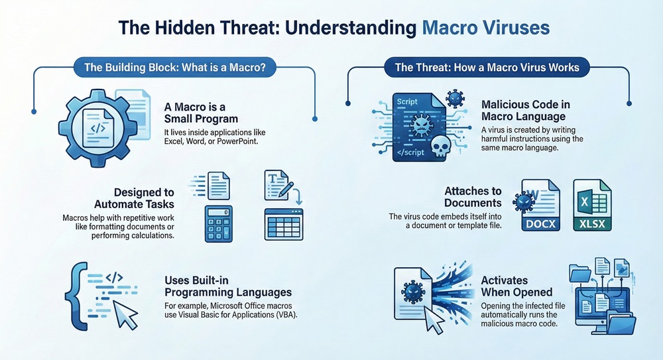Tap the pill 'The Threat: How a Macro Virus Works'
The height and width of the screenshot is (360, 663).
(x=487, y=67)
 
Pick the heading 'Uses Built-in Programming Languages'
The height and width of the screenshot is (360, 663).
(x=227, y=286)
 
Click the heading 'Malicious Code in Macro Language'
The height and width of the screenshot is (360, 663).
(x=526, y=111)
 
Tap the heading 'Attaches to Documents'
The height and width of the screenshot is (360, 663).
(x=473, y=197)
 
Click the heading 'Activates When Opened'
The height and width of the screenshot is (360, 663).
(x=516, y=286)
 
